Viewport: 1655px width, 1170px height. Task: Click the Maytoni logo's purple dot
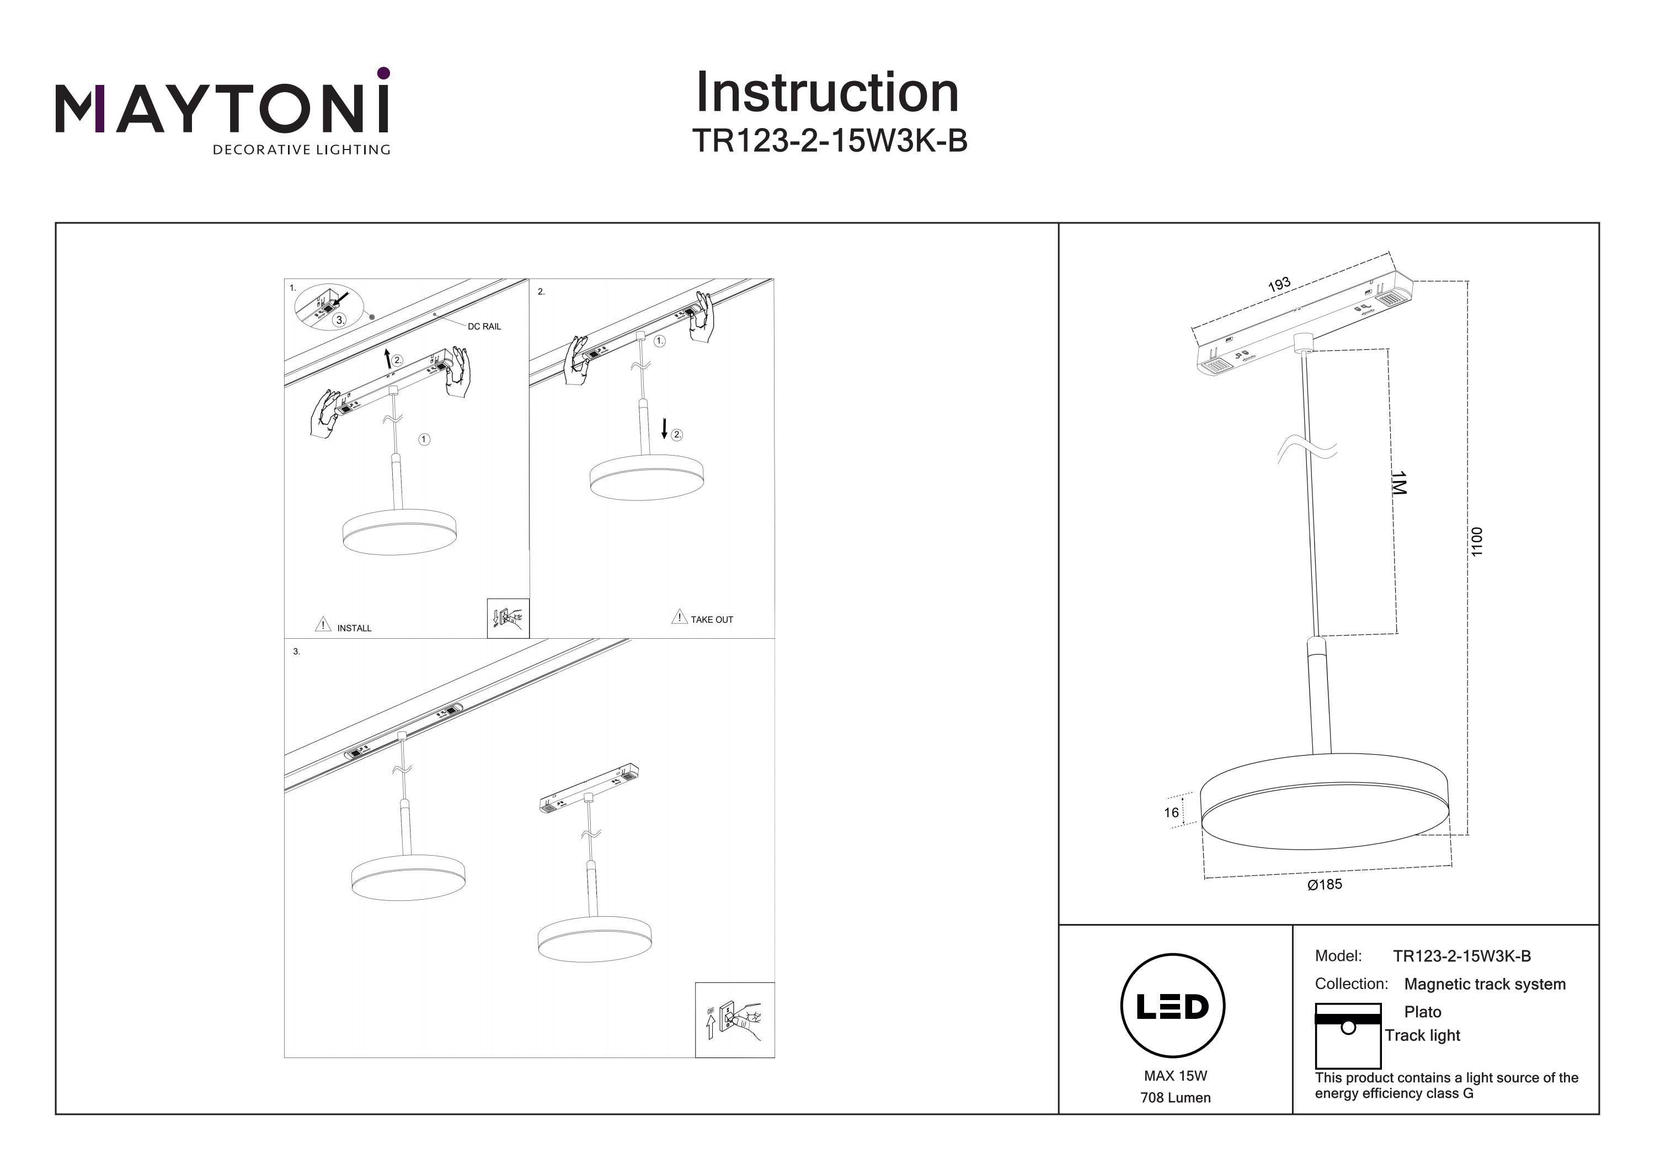pos(383,73)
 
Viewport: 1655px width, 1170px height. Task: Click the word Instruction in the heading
pos(827,93)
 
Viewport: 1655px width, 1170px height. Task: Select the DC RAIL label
pos(484,327)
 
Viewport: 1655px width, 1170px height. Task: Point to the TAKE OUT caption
pos(712,620)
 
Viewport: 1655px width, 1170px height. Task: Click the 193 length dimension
pos(1279,285)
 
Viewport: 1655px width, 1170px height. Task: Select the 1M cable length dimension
pos(1398,483)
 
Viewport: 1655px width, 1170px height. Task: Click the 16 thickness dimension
pos(1171,813)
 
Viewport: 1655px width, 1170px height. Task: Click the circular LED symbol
pos(1173,1006)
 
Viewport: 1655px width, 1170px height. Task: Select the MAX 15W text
pos(1175,1076)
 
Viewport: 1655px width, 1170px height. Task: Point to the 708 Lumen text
pos(1175,1098)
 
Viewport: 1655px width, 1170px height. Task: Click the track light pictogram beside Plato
pos(1347,1036)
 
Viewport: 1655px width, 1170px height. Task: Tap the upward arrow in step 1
pos(388,358)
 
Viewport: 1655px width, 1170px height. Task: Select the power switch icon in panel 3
pos(734,1020)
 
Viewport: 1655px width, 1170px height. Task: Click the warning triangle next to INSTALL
pos(323,624)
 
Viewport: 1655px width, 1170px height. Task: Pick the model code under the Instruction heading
pos(829,141)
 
